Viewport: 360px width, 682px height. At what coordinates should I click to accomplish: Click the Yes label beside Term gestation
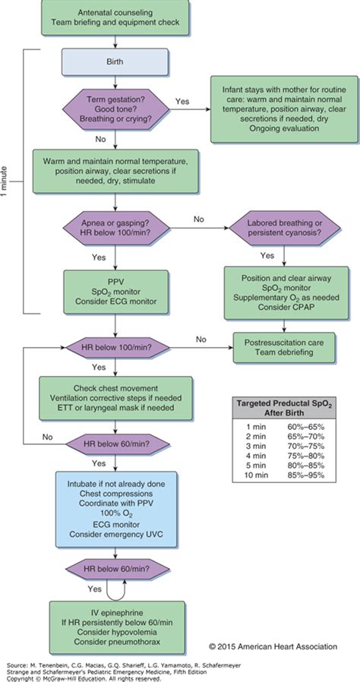tap(182, 100)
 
